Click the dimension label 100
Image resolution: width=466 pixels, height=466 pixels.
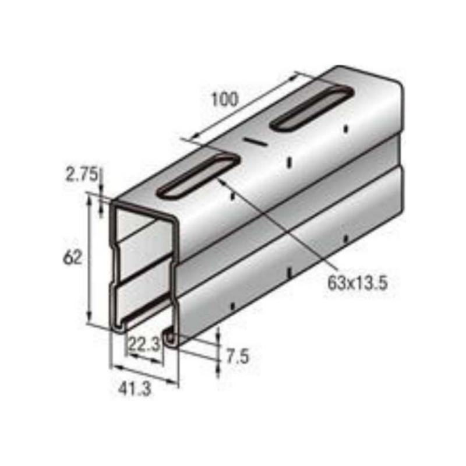[224, 100]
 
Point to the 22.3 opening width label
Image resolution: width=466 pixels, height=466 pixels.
[144, 344]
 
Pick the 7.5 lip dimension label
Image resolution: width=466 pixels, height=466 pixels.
[237, 356]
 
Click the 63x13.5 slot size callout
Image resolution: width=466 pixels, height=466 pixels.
[358, 284]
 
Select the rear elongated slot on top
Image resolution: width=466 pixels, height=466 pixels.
[312, 108]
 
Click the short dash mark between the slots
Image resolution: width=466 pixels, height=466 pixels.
[254, 141]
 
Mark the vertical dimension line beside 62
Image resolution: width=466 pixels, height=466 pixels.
[89, 259]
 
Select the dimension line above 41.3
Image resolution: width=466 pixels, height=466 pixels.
[144, 374]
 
